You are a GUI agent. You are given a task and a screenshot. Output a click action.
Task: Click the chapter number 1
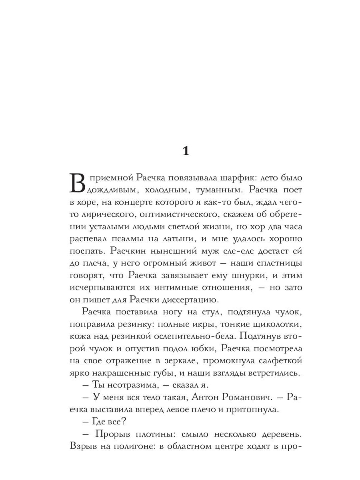[185, 151]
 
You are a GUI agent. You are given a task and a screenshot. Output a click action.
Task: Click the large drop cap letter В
[78, 182]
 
